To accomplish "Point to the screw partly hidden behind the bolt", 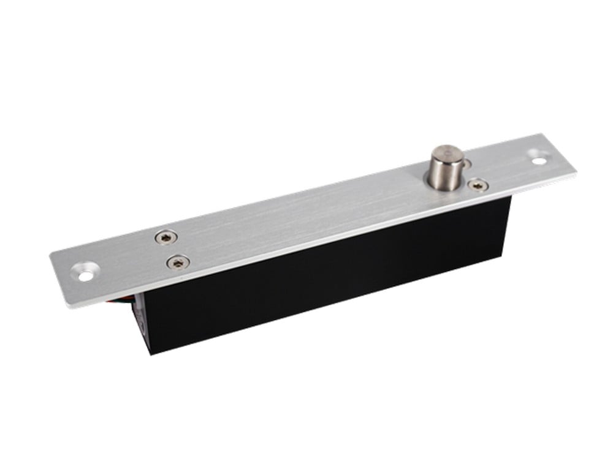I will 468,163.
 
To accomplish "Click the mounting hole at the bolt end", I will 539,160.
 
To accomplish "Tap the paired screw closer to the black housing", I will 177,262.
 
